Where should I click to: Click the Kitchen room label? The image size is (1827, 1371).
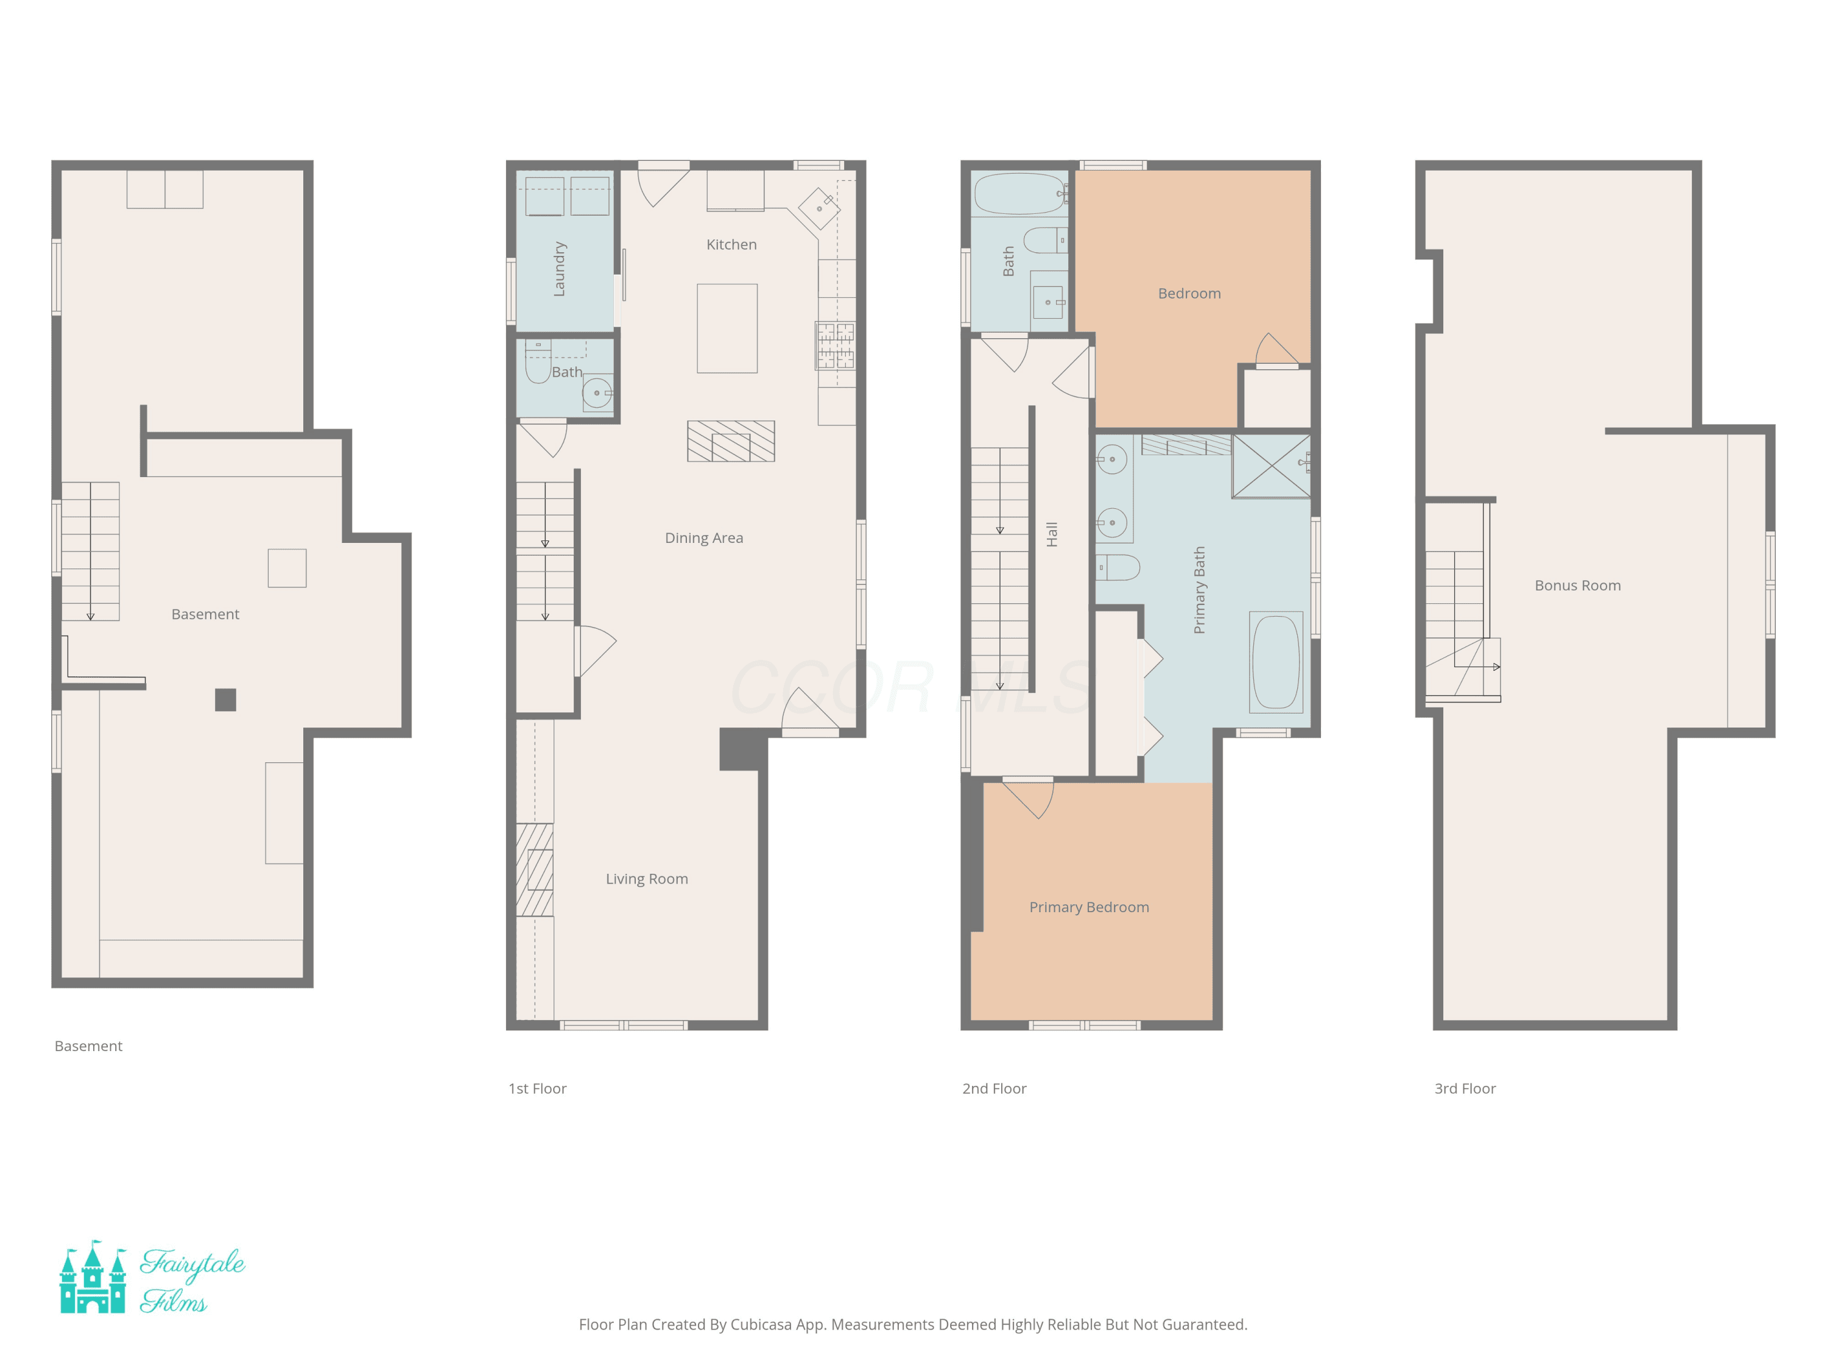(731, 244)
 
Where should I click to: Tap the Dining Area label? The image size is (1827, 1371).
(704, 538)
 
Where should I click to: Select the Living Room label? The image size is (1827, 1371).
(647, 879)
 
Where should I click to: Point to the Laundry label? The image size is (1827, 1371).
(559, 269)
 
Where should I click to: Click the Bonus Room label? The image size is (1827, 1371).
(1577, 585)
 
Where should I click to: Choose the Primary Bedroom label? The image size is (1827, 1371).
(1089, 907)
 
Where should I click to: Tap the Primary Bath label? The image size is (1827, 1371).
(1199, 590)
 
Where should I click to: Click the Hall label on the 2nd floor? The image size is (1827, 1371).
(1051, 534)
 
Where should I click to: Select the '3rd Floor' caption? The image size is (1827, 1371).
(1465, 1088)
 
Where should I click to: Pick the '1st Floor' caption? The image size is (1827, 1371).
(537, 1088)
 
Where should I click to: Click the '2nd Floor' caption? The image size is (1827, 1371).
(994, 1088)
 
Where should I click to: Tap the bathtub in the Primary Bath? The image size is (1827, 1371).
(1276, 662)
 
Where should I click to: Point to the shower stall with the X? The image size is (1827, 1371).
(1271, 466)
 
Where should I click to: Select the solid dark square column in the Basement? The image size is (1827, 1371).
(225, 700)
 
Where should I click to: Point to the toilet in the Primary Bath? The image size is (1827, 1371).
(1118, 568)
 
